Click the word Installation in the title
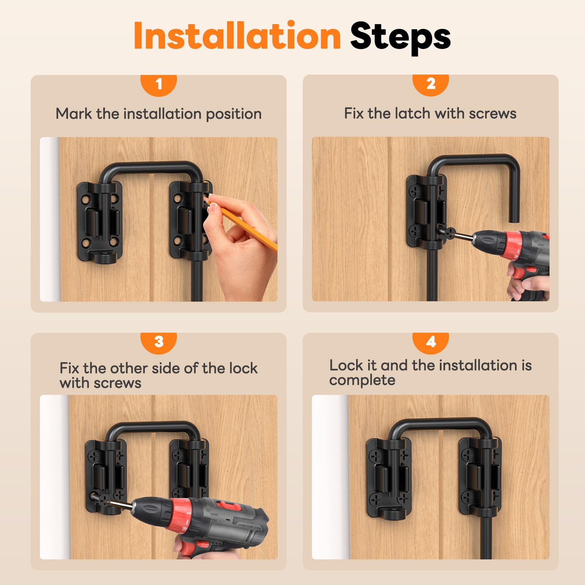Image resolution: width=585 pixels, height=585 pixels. click(237, 35)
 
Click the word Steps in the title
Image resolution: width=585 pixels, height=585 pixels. click(400, 38)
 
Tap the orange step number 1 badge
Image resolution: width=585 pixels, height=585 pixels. click(159, 85)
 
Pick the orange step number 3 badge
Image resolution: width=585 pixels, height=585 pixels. click(159, 343)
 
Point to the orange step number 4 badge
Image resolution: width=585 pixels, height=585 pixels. click(431, 343)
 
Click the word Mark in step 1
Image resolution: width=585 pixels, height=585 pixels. click(74, 114)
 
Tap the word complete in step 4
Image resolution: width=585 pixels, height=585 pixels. click(362, 381)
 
